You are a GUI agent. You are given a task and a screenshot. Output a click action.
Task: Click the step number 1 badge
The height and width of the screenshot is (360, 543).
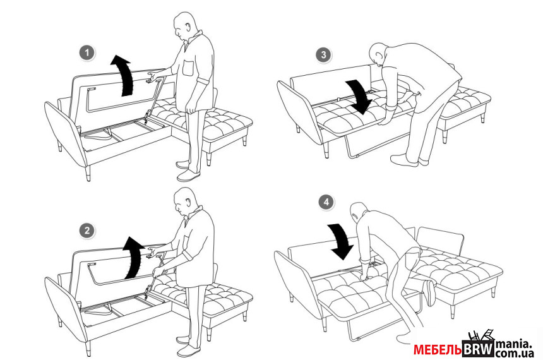point(87,53)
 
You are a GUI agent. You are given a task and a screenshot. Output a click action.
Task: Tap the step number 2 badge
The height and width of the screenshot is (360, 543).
point(87,231)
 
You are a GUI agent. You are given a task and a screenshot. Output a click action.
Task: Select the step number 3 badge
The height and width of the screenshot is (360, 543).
point(323,55)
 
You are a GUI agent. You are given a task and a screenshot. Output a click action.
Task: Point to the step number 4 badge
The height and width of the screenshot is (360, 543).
point(326,202)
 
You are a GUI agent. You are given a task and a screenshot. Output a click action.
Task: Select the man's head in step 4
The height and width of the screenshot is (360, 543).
point(359,212)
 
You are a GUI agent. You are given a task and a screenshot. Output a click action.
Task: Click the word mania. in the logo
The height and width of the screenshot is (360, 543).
point(513,344)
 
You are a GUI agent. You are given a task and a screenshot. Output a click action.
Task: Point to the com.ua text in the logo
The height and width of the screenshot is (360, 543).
point(515,354)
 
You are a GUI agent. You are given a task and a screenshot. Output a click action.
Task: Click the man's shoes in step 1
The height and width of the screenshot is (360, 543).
point(188,171)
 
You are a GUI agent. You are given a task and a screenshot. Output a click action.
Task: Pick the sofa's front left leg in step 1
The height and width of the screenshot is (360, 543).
point(88,173)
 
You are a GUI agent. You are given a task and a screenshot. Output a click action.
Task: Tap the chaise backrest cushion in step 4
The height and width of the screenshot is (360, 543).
point(440,241)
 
